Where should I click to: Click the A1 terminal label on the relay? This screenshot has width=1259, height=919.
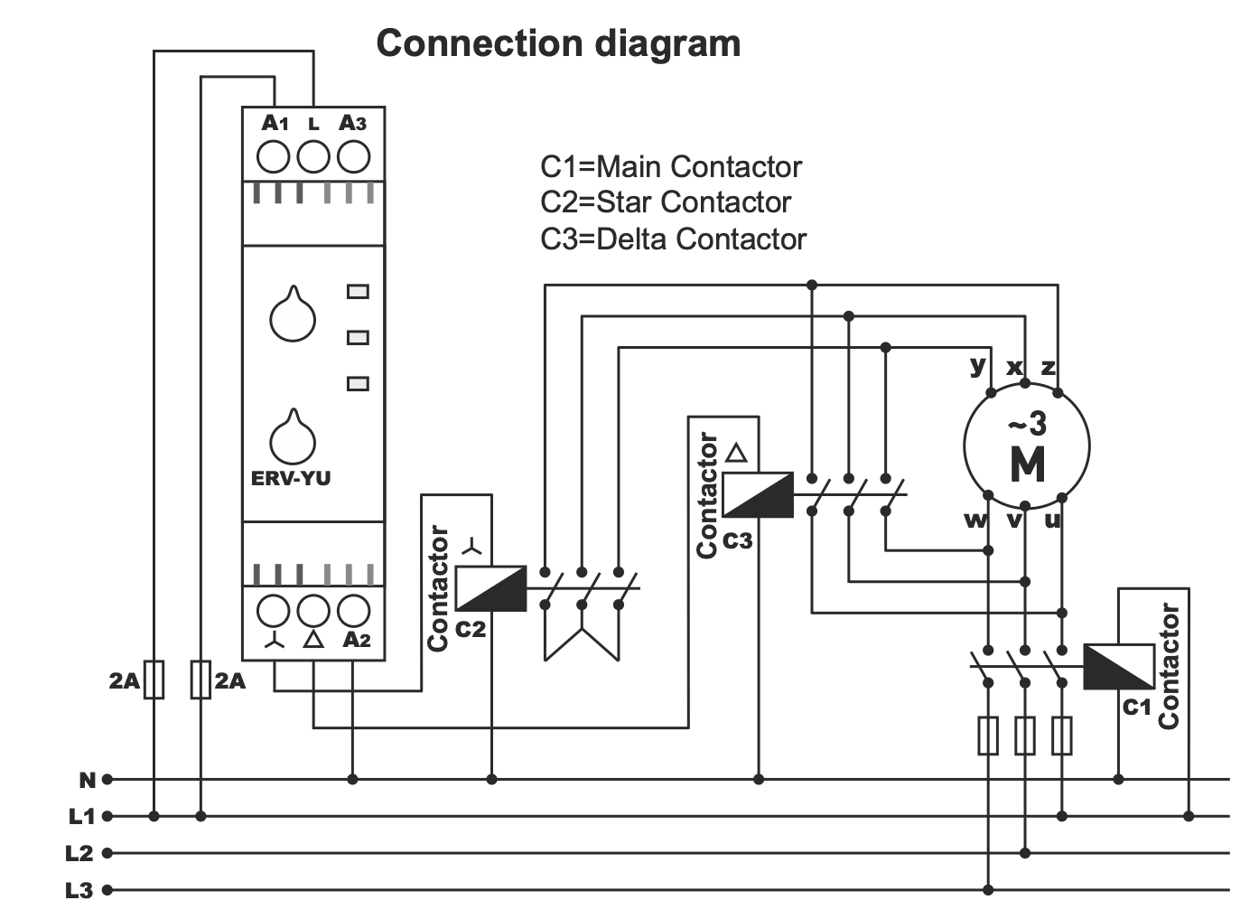[275, 124]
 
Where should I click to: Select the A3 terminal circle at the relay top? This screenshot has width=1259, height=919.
[353, 157]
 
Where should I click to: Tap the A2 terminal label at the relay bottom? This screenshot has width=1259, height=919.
[357, 640]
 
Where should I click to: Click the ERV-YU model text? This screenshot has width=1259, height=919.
[291, 478]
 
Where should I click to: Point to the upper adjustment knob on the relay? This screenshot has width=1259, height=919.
[293, 316]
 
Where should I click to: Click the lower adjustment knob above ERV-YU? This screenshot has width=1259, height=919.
[293, 439]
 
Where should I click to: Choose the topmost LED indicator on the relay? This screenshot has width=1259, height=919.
[358, 292]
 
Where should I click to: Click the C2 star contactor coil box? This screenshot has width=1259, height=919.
[490, 588]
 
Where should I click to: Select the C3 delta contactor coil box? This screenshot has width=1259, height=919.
[758, 494]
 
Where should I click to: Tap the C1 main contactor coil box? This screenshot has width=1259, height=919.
[1118, 667]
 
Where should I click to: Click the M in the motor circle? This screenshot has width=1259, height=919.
[1028, 464]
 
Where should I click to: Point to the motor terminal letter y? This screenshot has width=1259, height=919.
[977, 364]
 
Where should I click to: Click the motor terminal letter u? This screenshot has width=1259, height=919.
[1052, 520]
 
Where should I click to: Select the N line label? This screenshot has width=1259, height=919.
[88, 780]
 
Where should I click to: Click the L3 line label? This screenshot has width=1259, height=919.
[79, 891]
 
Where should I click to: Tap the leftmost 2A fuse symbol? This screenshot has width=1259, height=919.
[154, 680]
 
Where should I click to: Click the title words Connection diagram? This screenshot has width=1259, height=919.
[558, 43]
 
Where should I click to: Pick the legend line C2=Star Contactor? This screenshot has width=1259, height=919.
[666, 202]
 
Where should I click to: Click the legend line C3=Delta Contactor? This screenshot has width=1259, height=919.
[673, 239]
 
